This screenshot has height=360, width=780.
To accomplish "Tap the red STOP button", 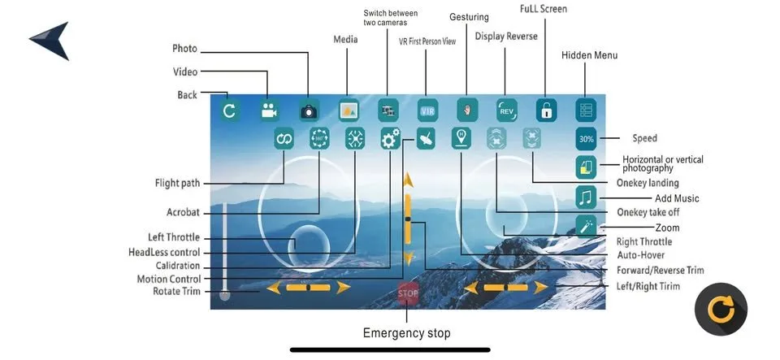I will pyautogui.click(x=408, y=293).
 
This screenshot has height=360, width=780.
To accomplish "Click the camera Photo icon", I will pyautogui.click(x=309, y=111).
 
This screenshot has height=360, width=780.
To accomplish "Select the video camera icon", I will pyautogui.click(x=269, y=111).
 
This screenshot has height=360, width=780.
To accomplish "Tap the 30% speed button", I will pyautogui.click(x=587, y=139).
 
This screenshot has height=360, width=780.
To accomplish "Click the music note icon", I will pyautogui.click(x=587, y=196).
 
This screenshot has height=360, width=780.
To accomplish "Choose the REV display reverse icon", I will pyautogui.click(x=506, y=110).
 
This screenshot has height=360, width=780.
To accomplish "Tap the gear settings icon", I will pyautogui.click(x=391, y=139).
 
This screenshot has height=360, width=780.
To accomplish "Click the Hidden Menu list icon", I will pyautogui.click(x=587, y=110).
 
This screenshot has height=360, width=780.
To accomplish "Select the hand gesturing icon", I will pyautogui.click(x=467, y=110).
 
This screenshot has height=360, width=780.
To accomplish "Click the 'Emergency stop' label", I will pyautogui.click(x=406, y=332).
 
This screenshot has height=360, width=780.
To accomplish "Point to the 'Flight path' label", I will pyautogui.click(x=177, y=183).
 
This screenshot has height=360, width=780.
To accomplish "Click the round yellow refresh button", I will pyautogui.click(x=721, y=309).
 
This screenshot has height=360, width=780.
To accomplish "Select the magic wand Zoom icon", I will pyautogui.click(x=587, y=225).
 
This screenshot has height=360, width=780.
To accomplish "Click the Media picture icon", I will pyautogui.click(x=349, y=110).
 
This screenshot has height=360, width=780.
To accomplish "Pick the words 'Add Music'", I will pyautogui.click(x=677, y=198).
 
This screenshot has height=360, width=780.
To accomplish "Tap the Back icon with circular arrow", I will pyautogui.click(x=229, y=111).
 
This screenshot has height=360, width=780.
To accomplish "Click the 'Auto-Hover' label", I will pyautogui.click(x=640, y=255).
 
